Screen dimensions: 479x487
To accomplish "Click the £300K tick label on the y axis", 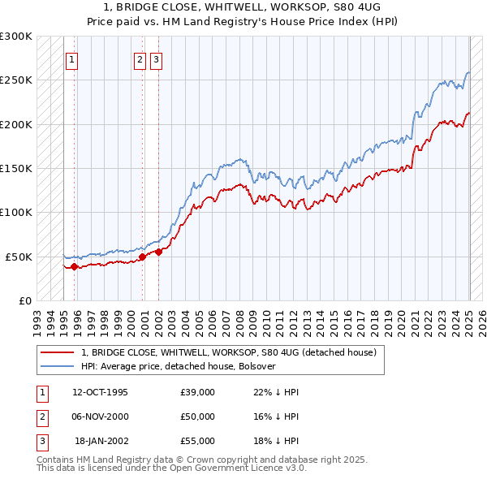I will (x=16, y=37).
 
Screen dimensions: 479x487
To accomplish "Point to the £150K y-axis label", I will (x=16, y=169).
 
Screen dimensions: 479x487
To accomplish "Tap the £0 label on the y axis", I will (x=25, y=300).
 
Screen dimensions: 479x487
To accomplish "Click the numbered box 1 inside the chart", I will (x=73, y=58).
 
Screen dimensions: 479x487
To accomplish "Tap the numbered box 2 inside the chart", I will (x=140, y=58).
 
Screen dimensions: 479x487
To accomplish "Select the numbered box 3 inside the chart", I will (x=156, y=58).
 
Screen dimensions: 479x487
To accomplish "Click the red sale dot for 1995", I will (x=74, y=265).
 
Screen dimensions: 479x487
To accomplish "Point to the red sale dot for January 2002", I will (x=158, y=252).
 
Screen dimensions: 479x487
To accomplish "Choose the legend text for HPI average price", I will (x=179, y=366).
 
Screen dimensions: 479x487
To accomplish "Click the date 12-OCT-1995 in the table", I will (x=100, y=392).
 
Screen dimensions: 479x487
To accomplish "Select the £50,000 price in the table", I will (x=198, y=416).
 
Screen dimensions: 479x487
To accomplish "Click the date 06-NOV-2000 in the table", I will (x=101, y=416).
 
